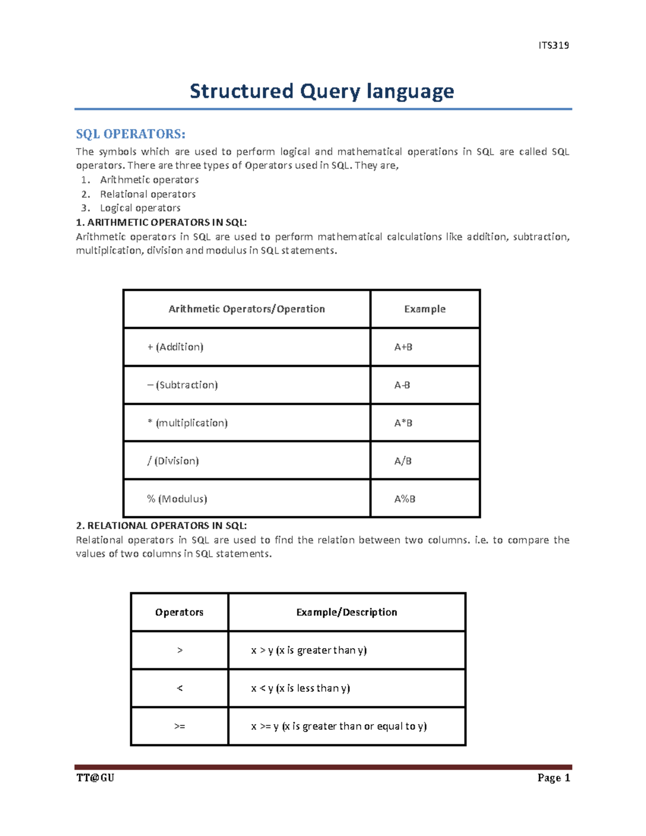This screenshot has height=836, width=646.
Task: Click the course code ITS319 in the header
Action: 553,45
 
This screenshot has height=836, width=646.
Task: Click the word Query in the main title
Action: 329,91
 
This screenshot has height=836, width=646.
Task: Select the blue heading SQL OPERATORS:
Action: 130,134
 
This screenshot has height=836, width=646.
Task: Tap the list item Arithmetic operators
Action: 149,180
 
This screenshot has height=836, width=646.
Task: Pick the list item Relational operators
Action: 148,194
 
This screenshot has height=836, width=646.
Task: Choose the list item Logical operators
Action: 140,208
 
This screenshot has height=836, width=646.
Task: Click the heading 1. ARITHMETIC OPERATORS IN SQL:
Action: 161,222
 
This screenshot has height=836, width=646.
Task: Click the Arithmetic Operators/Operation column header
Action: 247,309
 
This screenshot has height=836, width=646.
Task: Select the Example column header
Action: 425,309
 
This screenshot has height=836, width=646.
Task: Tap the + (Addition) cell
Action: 175,347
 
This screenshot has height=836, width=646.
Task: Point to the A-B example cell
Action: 402,385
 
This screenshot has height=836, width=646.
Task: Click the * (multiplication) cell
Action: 187,423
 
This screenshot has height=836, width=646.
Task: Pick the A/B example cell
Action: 403,461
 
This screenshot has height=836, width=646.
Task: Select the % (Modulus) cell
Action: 177,499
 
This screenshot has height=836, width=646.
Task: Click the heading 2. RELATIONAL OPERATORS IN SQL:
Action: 161,525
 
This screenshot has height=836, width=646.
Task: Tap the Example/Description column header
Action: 347,612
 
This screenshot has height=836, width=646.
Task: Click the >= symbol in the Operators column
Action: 180,726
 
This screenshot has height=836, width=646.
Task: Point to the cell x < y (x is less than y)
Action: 300,688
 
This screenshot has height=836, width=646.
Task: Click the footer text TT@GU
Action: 95,778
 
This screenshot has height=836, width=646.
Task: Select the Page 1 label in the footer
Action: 553,778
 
